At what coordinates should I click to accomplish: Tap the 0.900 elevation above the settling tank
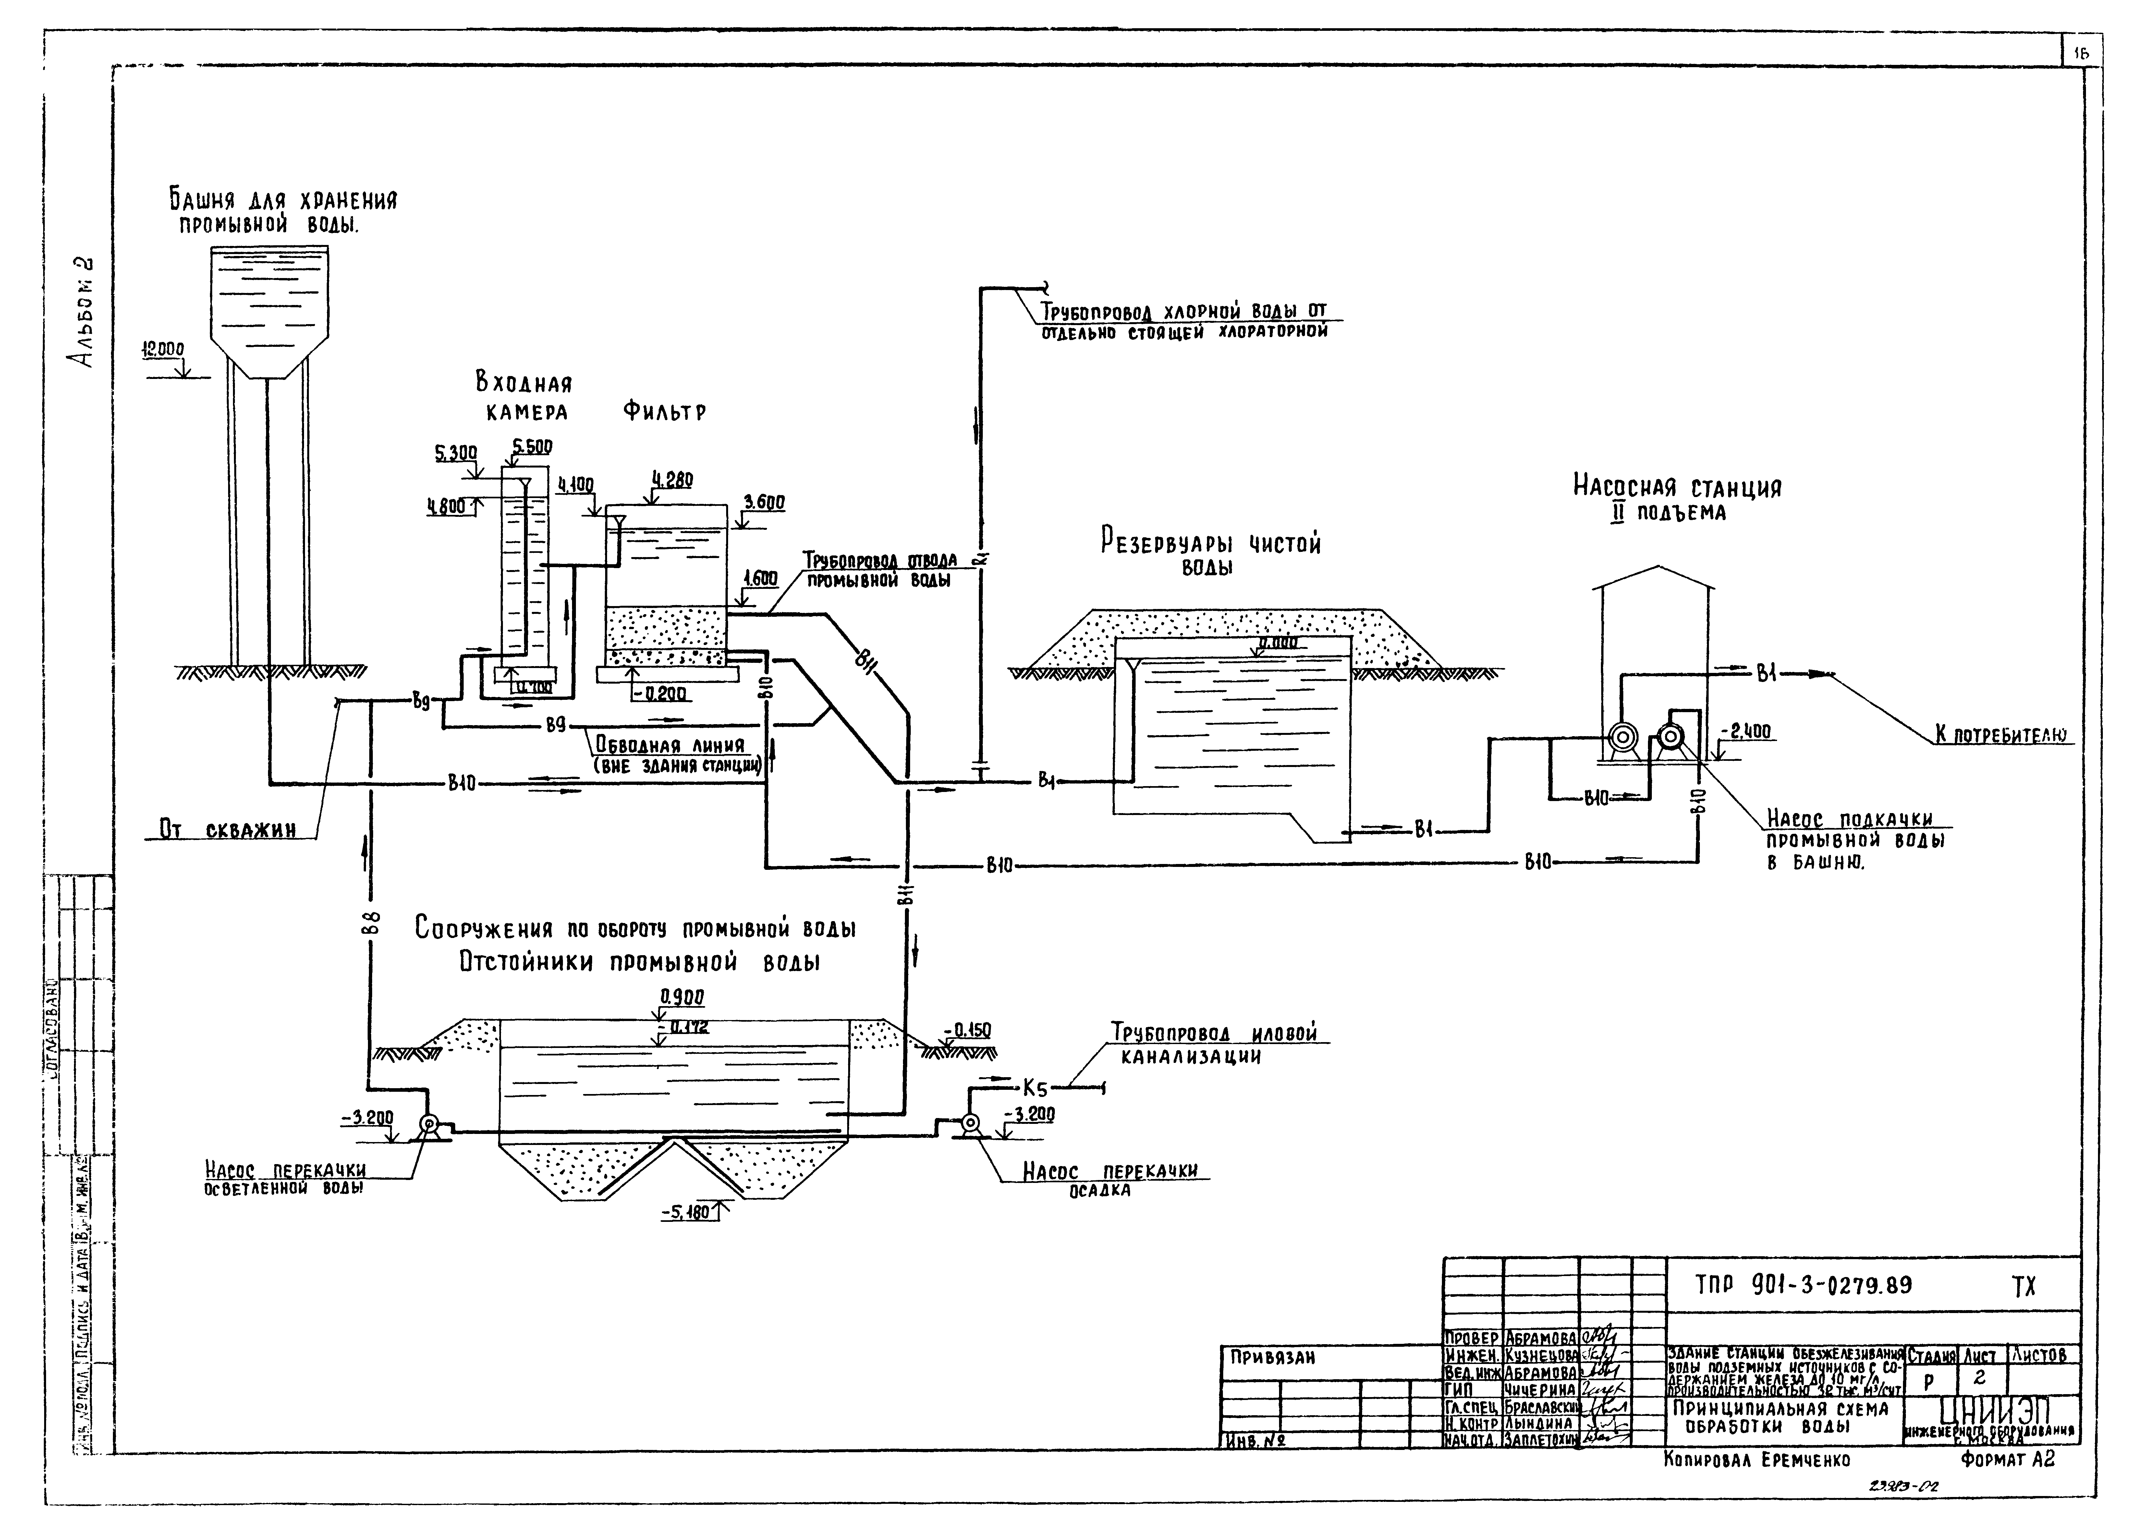[x=682, y=997]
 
